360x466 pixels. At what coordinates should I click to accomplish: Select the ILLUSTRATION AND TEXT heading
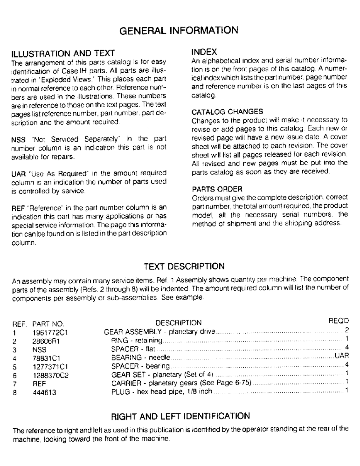pyautogui.click(x=63, y=53)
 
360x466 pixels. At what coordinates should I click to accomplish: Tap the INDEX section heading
pyautogui.click(x=203, y=50)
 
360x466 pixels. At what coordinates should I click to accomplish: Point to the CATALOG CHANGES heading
pyautogui.click(x=227, y=111)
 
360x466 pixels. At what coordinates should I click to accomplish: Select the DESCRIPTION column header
pyautogui.click(x=178, y=322)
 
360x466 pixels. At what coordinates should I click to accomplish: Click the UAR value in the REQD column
pyautogui.click(x=342, y=356)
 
